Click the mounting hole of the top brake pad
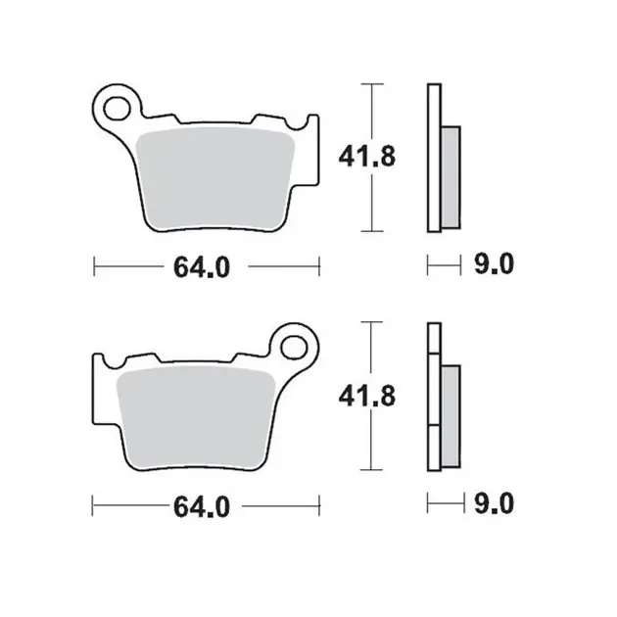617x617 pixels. pos(117,108)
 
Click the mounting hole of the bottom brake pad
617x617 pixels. pos(294,347)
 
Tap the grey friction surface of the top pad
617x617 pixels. pos(214,178)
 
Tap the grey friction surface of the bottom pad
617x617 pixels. pos(196,417)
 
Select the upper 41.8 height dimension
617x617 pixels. pos(366,157)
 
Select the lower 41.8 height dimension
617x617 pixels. pos(366,396)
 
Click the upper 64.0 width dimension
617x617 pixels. pos(202,267)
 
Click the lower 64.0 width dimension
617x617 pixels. pos(202,507)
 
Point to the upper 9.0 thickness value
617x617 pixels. pos(494,263)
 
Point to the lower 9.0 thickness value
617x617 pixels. pos(494,503)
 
